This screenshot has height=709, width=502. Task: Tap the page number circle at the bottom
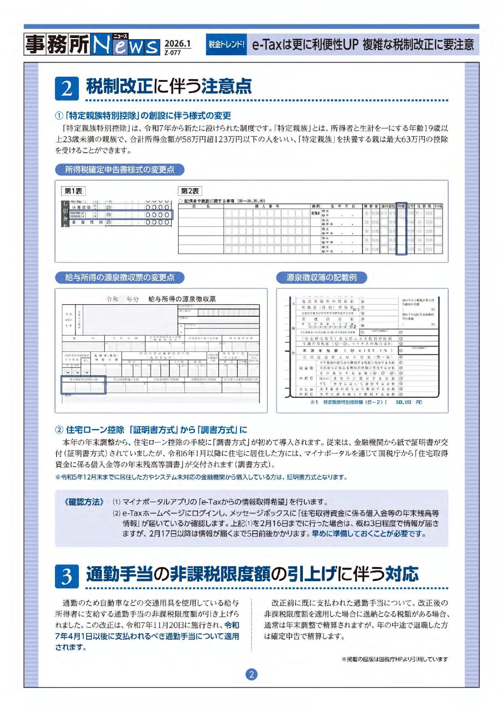pos(251,674)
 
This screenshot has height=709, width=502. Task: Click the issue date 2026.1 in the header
pos(177,43)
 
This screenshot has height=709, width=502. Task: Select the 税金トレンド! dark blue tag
pos(226,44)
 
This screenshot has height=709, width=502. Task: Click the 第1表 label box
pos(73,191)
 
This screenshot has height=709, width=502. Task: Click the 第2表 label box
pos(190,191)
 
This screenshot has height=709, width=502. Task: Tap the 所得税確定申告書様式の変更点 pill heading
pos(120,170)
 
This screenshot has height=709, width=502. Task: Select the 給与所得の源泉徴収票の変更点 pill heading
pos(120,278)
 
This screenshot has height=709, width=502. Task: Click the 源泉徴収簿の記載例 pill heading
pos(321,278)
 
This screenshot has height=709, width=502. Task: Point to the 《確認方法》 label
pos(84,502)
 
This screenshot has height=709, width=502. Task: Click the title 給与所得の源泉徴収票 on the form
pos(182,299)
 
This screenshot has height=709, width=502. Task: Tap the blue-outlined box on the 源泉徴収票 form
pos(83,385)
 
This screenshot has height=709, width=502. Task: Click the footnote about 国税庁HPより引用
pos(394,659)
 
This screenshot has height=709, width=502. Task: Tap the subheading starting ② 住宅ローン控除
pos(151,429)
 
